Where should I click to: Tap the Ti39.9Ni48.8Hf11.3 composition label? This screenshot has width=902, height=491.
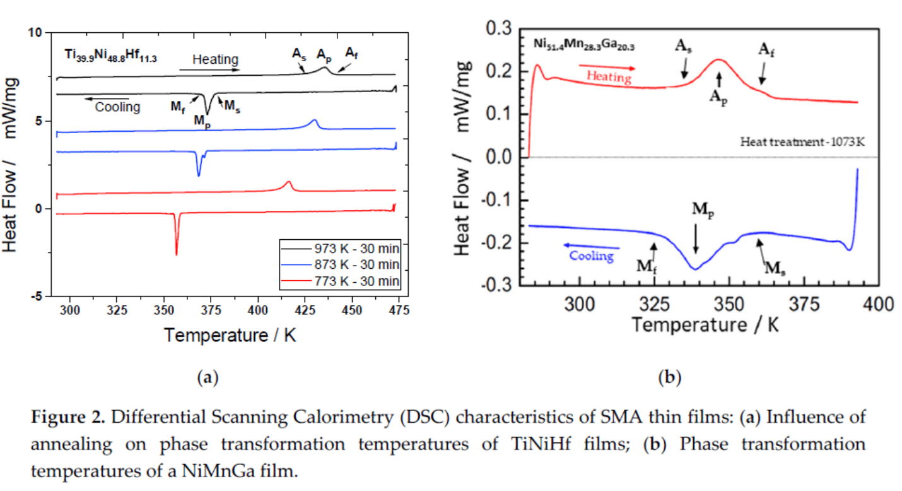click(110, 56)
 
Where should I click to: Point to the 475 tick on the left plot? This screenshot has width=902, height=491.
click(397, 311)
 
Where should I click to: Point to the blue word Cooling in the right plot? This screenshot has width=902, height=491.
click(591, 256)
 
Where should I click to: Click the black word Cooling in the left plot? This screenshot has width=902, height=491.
click(117, 107)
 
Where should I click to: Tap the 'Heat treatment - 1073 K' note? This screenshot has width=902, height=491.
click(802, 143)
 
